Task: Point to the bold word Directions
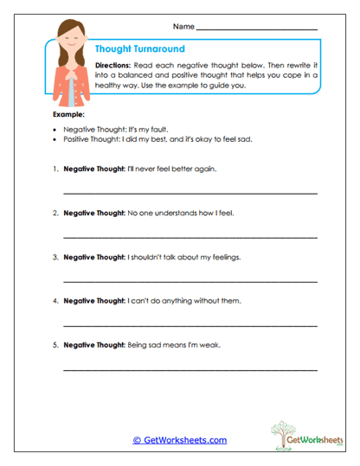pos(112,65)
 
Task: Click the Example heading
pos(69,113)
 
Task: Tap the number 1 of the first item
pos(55,169)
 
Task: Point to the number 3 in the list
pos(55,257)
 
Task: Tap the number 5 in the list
pos(55,345)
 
